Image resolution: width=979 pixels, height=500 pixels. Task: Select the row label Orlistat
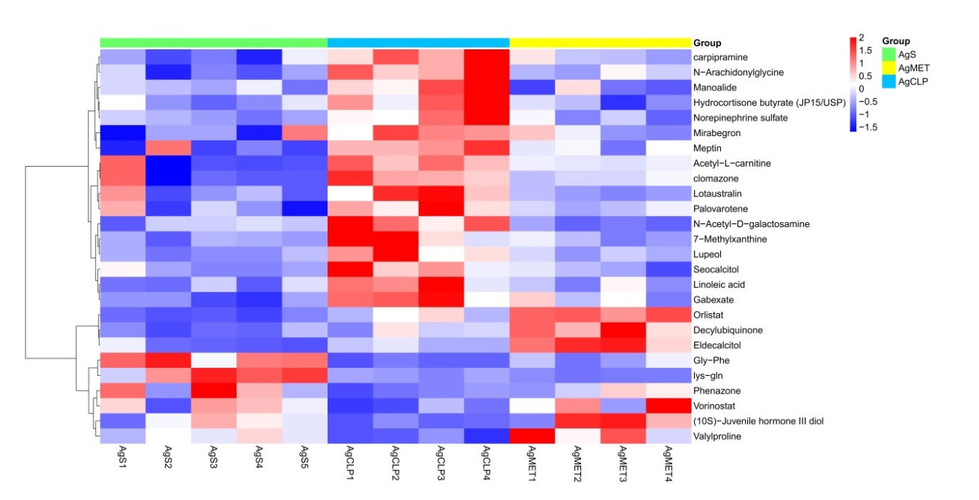[708, 315]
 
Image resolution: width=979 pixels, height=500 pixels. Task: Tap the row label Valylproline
[716, 436]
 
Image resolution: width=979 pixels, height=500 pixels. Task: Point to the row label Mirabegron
[716, 133]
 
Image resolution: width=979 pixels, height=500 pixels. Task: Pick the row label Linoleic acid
[719, 285]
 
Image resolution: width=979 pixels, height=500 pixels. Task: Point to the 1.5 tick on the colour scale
[865, 50]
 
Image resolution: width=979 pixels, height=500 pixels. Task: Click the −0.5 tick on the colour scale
[869, 102]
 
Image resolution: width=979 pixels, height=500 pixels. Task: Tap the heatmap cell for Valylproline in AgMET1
[532, 436]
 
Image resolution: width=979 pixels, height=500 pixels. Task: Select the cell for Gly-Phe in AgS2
[168, 360]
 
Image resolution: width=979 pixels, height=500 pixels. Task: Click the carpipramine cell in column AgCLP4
[486, 57]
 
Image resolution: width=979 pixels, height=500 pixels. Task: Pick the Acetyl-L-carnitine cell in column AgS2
[168, 163]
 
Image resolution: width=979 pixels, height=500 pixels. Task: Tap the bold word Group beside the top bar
[708, 43]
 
